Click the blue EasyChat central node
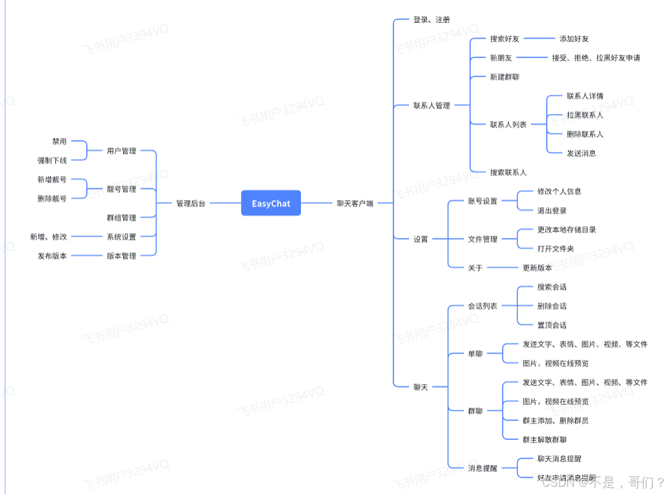(271, 203)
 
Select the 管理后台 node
(191, 203)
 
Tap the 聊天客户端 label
(355, 203)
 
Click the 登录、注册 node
(431, 20)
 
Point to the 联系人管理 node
(431, 106)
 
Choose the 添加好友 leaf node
(574, 39)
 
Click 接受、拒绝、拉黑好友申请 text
(595, 58)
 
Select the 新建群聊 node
(505, 77)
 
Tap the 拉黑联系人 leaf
(585, 115)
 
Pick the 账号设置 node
(483, 201)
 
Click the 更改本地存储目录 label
(566, 229)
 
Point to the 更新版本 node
(537, 268)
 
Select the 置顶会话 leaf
(552, 325)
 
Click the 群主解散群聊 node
(545, 440)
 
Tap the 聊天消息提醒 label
(560, 459)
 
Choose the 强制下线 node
(52, 160)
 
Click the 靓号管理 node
(122, 189)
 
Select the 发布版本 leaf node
(52, 256)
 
